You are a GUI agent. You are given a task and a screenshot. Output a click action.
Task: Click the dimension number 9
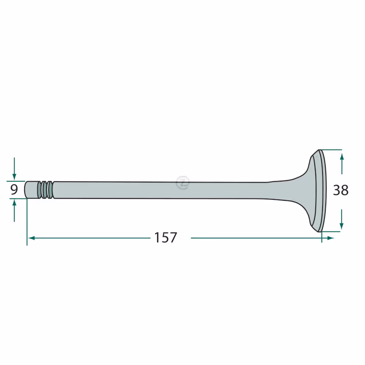[x=14, y=190]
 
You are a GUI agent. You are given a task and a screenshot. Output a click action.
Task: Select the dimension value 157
[x=166, y=237]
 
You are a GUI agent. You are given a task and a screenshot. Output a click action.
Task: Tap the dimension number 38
[x=340, y=190]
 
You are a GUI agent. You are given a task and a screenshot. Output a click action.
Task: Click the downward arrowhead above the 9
[x=14, y=177]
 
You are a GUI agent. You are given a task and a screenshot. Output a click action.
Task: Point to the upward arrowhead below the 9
[x=14, y=203]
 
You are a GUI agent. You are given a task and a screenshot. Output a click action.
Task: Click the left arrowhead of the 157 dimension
[x=31, y=238]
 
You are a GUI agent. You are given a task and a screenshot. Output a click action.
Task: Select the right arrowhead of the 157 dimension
[x=330, y=238]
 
